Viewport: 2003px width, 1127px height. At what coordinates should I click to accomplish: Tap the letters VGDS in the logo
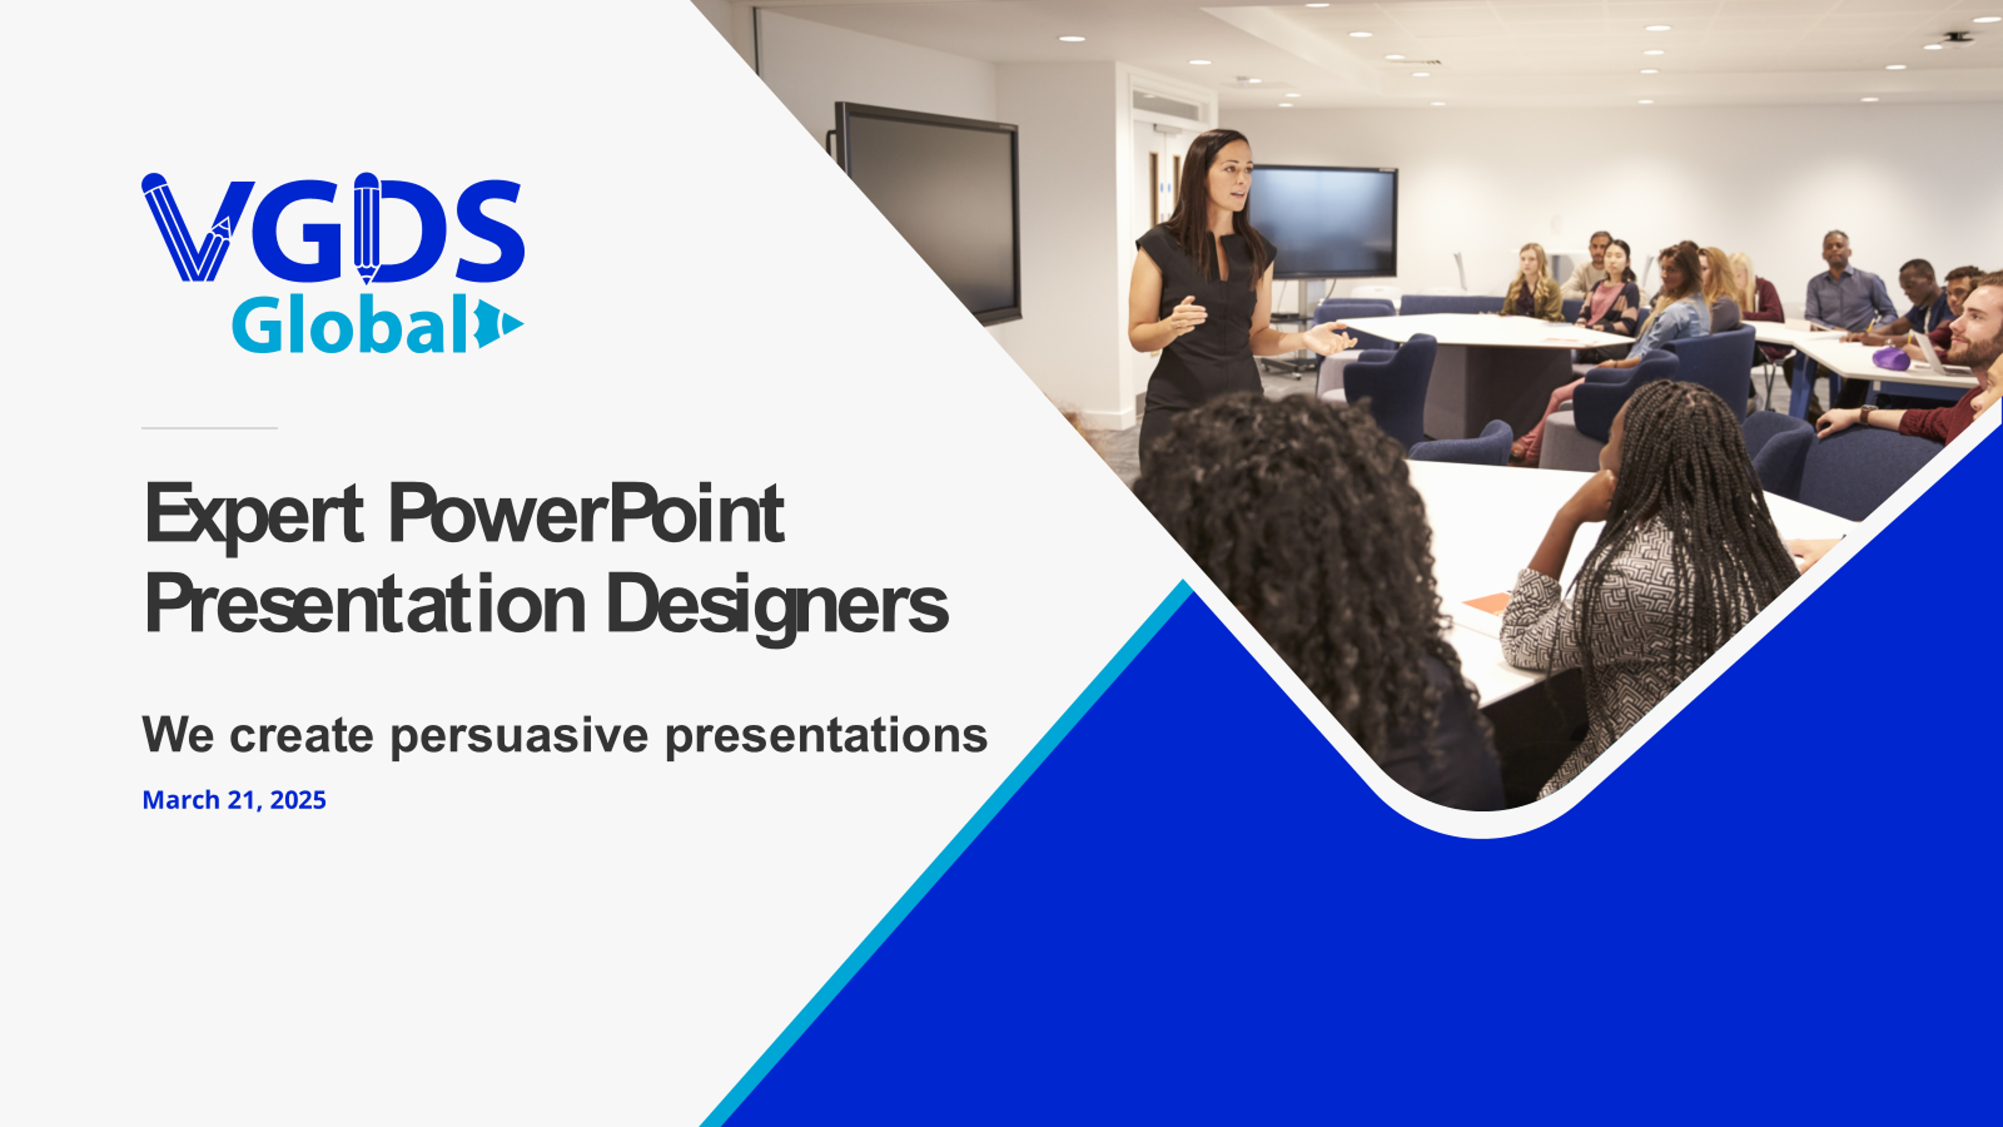click(x=333, y=228)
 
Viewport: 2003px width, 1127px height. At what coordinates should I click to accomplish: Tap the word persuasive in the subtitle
click(x=519, y=735)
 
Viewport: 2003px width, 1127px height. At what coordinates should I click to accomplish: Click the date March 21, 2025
click(x=234, y=800)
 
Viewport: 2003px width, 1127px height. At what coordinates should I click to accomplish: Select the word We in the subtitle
click(x=178, y=733)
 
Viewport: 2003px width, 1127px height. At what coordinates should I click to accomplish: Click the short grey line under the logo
click(x=209, y=428)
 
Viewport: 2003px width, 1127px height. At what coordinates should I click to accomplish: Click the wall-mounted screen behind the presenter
click(x=1322, y=222)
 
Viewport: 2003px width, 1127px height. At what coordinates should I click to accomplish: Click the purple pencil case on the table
click(x=1890, y=359)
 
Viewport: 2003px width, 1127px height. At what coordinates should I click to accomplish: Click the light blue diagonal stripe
click(x=945, y=853)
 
